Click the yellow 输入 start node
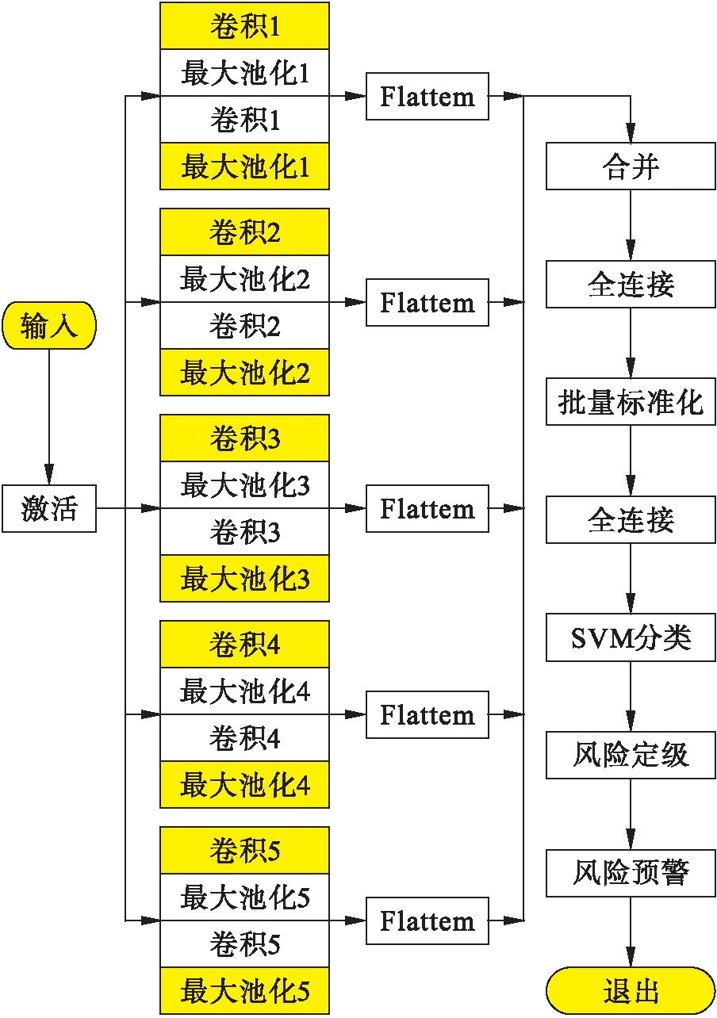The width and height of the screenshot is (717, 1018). click(49, 326)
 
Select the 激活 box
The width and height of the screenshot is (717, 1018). click(49, 508)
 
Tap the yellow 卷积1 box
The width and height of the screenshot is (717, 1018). click(244, 26)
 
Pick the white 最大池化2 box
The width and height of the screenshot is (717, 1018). click(244, 279)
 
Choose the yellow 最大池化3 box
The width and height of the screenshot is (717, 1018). click(244, 579)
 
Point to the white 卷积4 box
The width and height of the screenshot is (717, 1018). click(244, 738)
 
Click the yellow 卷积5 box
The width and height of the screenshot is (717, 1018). click(244, 850)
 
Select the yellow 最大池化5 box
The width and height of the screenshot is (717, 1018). click(244, 990)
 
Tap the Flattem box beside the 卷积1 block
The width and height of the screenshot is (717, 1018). click(428, 97)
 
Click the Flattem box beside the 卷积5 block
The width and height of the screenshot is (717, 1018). click(428, 920)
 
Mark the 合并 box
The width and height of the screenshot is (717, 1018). click(631, 166)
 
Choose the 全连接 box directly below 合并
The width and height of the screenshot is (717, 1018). click(631, 285)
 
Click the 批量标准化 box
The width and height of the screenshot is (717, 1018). click(631, 402)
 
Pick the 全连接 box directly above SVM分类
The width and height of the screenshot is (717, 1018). click(631, 520)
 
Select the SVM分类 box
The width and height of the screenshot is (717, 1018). click(631, 637)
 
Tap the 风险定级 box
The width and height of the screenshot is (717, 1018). click(631, 755)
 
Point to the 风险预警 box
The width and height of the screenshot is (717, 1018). click(631, 873)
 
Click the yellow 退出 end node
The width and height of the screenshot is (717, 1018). click(631, 990)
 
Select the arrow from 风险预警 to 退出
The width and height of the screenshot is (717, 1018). click(631, 932)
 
